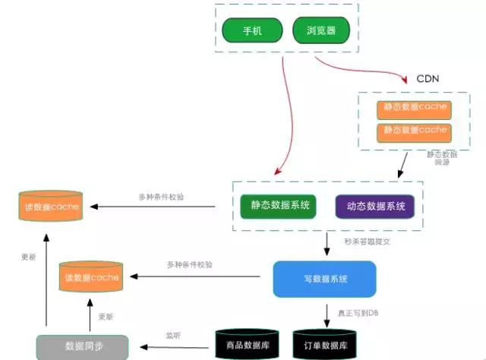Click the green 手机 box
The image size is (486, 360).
[x=252, y=31]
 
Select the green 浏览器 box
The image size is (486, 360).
[x=321, y=31]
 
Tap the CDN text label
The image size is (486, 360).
[x=428, y=79]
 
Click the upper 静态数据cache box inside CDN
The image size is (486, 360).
[x=414, y=108]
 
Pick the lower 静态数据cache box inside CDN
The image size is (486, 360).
[x=414, y=131]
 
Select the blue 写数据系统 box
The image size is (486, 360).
[x=324, y=279]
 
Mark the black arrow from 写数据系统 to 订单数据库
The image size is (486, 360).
[x=326, y=313]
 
